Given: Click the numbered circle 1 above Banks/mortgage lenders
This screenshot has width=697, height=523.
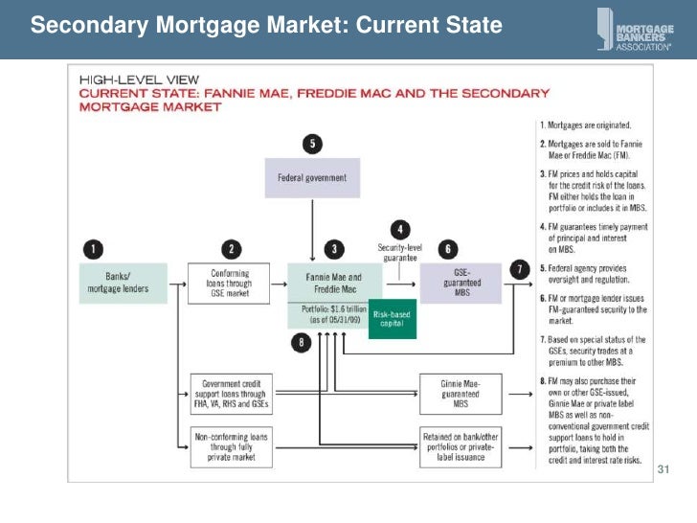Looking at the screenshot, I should [92, 249].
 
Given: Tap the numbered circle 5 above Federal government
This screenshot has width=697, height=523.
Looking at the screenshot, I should [311, 145].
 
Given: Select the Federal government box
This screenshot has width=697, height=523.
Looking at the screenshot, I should [311, 178].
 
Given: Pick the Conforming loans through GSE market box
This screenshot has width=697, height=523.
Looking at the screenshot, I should [229, 283].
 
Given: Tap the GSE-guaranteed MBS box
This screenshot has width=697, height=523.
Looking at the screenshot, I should [462, 284].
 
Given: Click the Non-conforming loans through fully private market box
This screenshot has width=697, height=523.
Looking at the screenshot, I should [229, 445].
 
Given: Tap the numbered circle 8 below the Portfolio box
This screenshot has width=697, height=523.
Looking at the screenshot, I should [303, 344].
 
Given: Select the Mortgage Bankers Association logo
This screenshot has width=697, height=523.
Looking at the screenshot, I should [633, 29].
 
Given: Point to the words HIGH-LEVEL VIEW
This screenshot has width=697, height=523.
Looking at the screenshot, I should [124, 81].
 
